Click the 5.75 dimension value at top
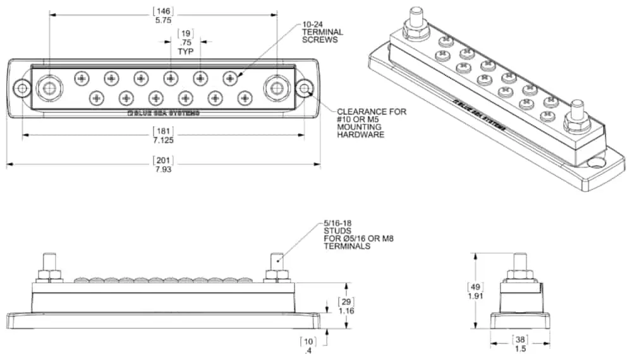[163, 20]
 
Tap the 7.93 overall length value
[163, 169]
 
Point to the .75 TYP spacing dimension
[185, 43]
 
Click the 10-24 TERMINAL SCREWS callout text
[322, 32]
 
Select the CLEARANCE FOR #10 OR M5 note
[372, 123]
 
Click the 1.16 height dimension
[346, 311]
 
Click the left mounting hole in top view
[23, 88]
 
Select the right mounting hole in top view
[304, 88]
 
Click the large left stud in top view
[47, 88]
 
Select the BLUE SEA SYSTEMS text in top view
[163, 114]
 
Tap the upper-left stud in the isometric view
[416, 16]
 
